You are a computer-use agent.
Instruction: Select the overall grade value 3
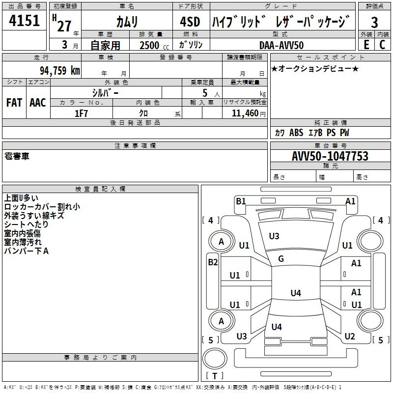[374, 22]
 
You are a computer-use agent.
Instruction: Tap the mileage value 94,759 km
[59, 70]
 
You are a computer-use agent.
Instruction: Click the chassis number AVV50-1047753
[330, 157]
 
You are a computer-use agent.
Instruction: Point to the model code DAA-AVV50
[281, 45]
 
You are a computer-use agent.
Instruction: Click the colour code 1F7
[81, 113]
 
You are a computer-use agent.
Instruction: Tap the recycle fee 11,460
[245, 113]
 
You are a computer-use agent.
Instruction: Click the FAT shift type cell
[14, 103]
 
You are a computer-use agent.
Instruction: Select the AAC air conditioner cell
[38, 103]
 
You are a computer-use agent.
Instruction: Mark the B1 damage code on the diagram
[241, 201]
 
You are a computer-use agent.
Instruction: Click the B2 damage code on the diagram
[213, 262]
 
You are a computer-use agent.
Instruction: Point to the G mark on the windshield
[281, 259]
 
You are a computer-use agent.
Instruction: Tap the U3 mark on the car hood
[274, 236]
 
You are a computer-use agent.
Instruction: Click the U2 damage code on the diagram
[350, 337]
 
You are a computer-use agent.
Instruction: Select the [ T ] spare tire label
[216, 376]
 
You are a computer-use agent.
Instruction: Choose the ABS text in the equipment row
[296, 133]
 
